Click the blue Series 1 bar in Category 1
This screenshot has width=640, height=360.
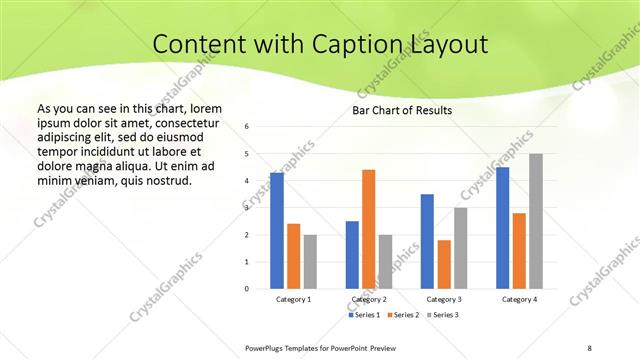click(x=277, y=231)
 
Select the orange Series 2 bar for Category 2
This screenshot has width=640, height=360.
click(x=369, y=229)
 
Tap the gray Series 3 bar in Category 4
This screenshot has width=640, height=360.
click(x=536, y=221)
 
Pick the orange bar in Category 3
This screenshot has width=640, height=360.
click(x=444, y=264)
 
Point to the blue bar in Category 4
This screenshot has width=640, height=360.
click(x=502, y=228)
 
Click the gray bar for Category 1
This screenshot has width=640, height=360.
click(x=310, y=262)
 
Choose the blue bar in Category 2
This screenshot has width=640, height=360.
click(x=352, y=255)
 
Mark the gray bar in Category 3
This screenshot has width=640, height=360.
click(x=461, y=248)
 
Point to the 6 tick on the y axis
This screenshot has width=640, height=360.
click(x=247, y=127)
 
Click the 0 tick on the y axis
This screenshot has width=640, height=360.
click(x=247, y=289)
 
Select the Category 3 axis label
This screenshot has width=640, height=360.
click(x=444, y=299)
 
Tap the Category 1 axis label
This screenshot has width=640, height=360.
click(x=294, y=299)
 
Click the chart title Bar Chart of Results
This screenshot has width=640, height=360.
click(x=402, y=109)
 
